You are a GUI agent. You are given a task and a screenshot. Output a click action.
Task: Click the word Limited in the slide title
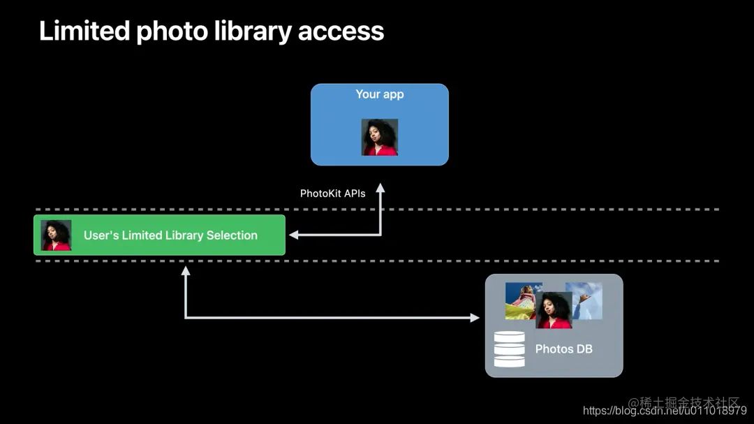click(84, 31)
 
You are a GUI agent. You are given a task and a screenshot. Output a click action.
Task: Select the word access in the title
click(341, 31)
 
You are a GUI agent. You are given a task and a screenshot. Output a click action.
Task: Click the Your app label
click(380, 94)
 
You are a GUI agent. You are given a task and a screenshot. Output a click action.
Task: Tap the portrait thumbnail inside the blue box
click(380, 137)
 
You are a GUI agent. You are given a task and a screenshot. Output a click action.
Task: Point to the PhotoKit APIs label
click(333, 193)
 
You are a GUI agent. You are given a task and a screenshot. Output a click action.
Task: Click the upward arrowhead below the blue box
click(380, 188)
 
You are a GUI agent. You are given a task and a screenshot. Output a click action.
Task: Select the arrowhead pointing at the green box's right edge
click(294, 235)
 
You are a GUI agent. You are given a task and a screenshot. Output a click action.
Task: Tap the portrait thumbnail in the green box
click(57, 235)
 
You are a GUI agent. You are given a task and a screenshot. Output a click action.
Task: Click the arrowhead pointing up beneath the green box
click(186, 271)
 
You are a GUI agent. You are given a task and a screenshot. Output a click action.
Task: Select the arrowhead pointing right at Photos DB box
click(475, 318)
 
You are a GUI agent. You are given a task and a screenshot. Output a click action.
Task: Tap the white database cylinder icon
click(509, 349)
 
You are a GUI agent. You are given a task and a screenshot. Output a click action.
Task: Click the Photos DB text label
click(563, 349)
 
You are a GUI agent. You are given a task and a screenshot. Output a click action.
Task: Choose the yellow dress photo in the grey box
click(521, 301)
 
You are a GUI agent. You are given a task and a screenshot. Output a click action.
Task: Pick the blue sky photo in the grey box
click(586, 301)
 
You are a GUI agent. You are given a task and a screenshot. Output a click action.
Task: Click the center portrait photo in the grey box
click(554, 310)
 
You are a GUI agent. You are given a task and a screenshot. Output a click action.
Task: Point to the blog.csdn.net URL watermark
click(665, 411)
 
